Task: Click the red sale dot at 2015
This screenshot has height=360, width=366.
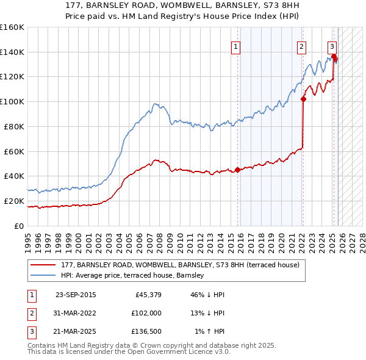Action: pyautogui.click(x=237, y=170)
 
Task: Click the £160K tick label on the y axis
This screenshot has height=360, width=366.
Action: pyautogui.click(x=12, y=27)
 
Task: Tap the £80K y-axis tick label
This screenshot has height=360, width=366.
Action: pyautogui.click(x=14, y=126)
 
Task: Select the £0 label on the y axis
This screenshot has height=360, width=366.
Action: pyautogui.click(x=19, y=226)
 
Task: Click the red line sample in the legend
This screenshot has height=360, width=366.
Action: pyautogui.click(x=43, y=265)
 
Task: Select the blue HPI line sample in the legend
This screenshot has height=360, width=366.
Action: pyautogui.click(x=43, y=276)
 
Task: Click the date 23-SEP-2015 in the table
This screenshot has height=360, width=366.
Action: pyautogui.click(x=75, y=295)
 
